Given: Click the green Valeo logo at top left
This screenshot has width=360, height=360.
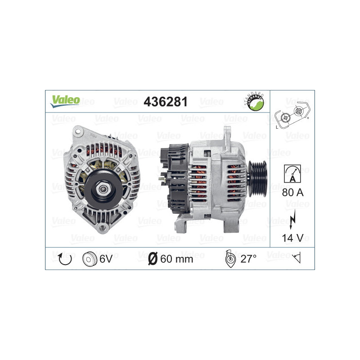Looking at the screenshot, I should (x=65, y=101).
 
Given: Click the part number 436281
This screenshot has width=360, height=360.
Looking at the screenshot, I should (x=165, y=102).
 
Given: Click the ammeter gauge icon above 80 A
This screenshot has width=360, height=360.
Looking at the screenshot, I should (x=292, y=173).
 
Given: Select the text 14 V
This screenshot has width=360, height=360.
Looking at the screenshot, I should (x=292, y=238).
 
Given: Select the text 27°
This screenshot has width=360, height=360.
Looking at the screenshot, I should (x=248, y=259).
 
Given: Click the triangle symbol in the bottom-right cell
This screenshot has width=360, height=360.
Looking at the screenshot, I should (x=297, y=259).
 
